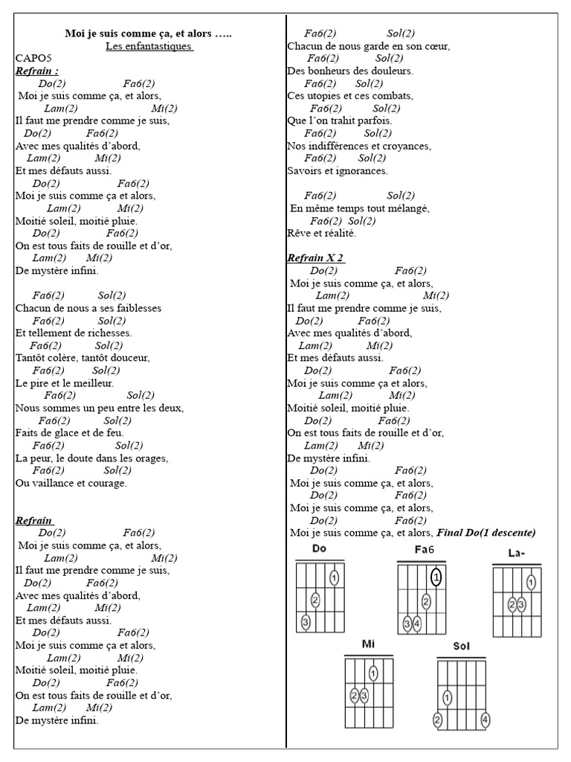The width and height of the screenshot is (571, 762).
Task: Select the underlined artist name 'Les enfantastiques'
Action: (149, 46)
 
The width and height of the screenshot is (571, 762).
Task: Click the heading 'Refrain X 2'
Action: (315, 258)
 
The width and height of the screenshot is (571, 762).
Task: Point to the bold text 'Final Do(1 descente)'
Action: (486, 533)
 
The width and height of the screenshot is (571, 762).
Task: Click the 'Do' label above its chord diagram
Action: (320, 549)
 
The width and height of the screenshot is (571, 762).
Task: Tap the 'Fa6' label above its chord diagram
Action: (424, 550)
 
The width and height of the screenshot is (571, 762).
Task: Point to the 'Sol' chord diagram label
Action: (461, 646)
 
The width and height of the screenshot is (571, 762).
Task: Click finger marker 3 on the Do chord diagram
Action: (305, 621)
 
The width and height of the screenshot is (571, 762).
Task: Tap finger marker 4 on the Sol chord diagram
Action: (485, 720)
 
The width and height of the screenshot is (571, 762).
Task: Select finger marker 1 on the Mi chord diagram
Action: (372, 673)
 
